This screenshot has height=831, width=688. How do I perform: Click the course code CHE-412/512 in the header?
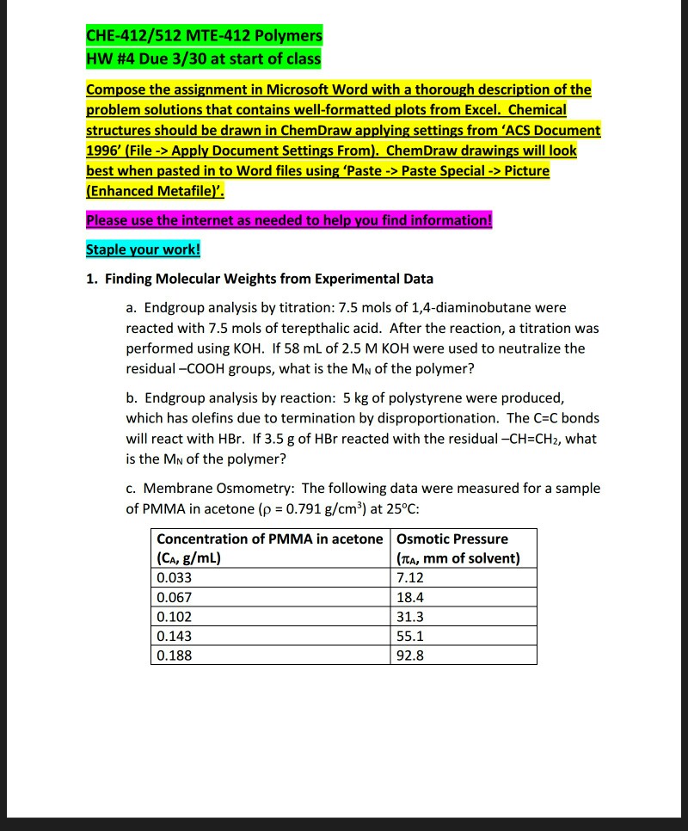coord(127,36)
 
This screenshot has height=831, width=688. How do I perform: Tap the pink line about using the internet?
coord(290,219)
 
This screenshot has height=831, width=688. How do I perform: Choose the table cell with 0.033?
coord(175,577)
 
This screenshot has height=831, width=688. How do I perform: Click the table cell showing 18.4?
coord(410,597)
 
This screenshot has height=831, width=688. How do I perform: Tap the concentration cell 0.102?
coord(175,617)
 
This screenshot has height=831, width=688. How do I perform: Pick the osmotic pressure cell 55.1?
coord(410,637)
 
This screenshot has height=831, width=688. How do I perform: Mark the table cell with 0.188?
coord(175,656)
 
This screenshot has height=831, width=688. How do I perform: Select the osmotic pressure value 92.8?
coord(410,656)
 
